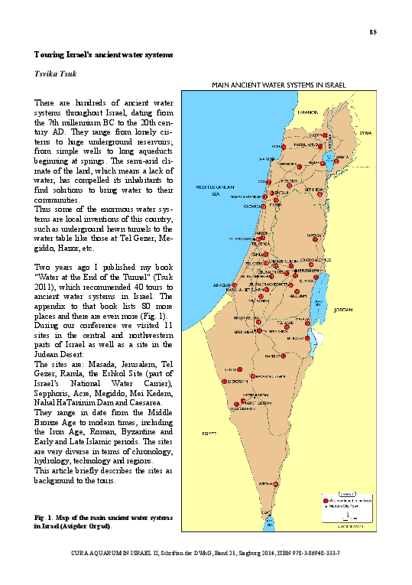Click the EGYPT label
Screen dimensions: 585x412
(x=205, y=433)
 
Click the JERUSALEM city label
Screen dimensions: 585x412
(x=304, y=271)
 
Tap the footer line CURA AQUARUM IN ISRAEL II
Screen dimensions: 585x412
(x=206, y=551)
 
